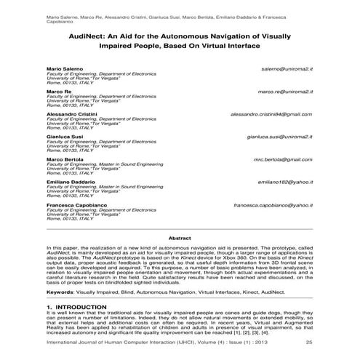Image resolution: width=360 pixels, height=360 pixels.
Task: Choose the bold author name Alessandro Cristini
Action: pyautogui.click(x=71, y=114)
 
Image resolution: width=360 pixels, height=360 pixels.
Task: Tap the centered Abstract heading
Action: pyautogui.click(x=180, y=238)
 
